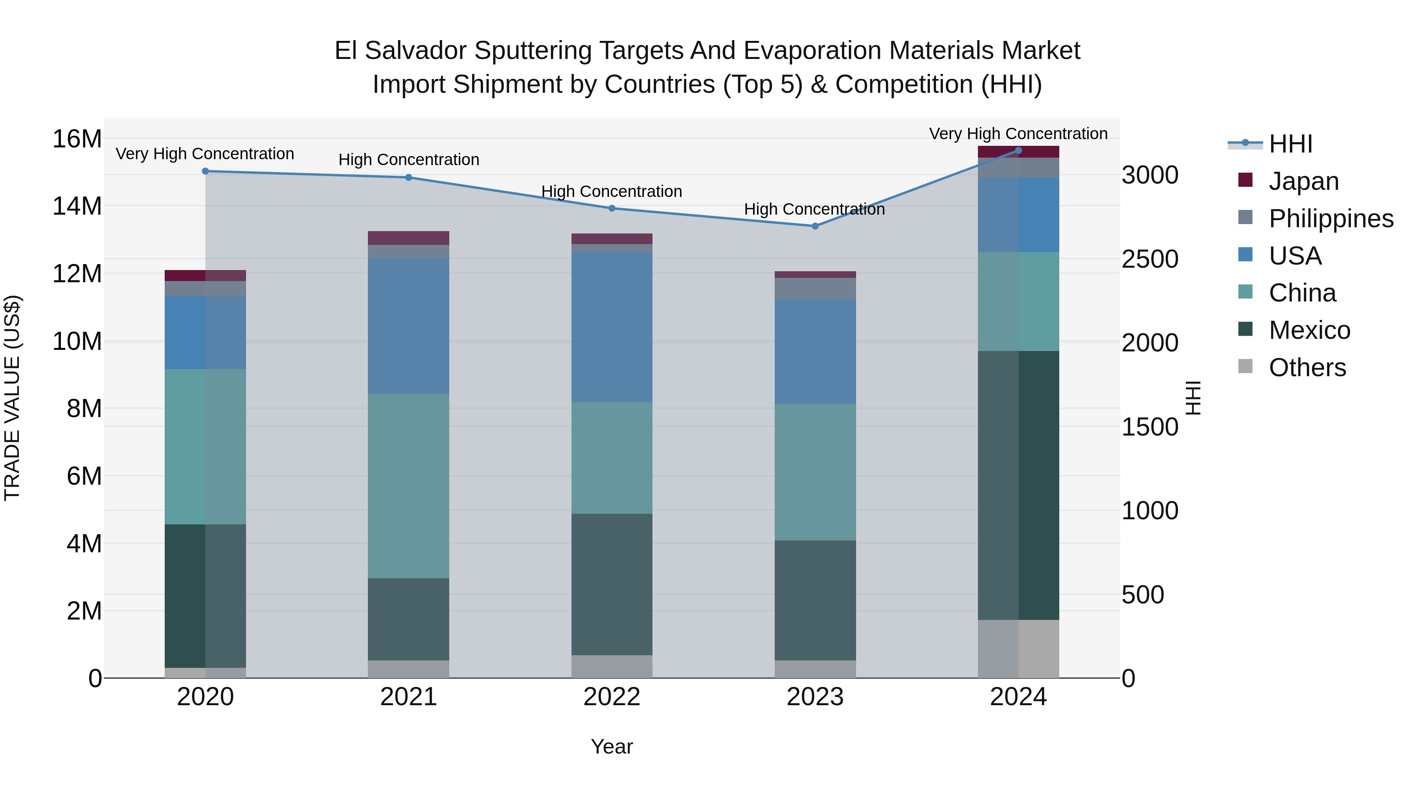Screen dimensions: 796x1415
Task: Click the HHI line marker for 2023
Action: [815, 226]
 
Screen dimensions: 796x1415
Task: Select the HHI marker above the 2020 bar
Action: [206, 171]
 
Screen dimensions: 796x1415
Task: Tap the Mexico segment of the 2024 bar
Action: [1018, 485]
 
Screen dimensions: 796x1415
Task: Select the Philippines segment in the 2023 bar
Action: [815, 289]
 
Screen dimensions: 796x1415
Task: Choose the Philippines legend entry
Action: [1330, 218]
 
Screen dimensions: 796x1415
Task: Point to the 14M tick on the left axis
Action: [77, 206]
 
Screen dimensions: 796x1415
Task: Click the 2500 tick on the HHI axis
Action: [1149, 259]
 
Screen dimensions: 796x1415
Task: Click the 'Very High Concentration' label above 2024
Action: [1018, 134]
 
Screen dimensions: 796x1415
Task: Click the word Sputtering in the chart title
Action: [532, 51]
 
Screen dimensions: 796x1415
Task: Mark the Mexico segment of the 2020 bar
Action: [206, 596]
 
